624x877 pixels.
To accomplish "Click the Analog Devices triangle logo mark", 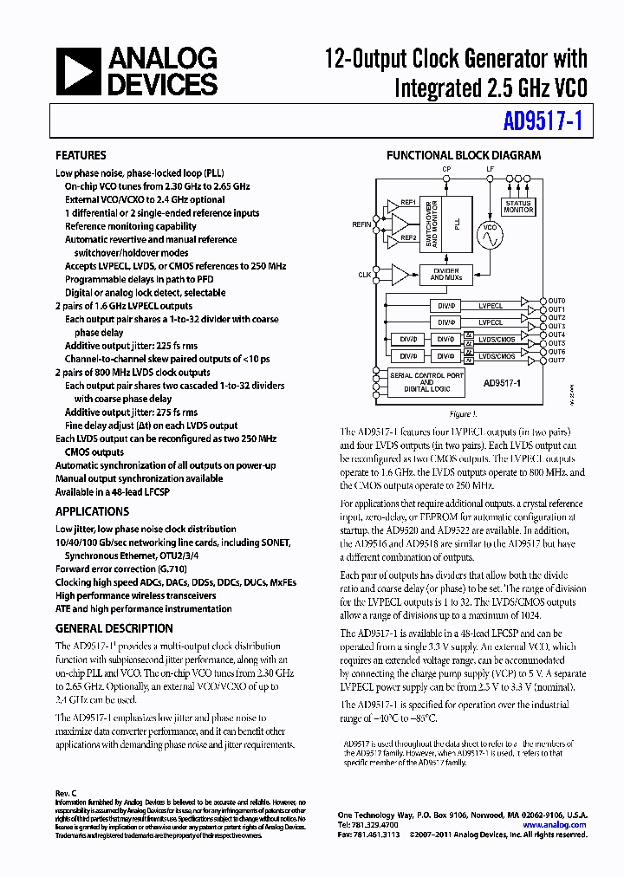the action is click(x=79, y=71).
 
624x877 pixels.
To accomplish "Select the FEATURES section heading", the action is click(x=81, y=156).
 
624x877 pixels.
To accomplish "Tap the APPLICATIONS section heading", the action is click(x=92, y=511).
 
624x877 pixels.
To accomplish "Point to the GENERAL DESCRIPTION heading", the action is click(x=114, y=628).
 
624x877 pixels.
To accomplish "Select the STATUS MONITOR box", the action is click(x=518, y=207).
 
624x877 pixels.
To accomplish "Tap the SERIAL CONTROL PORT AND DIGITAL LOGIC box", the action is click(x=426, y=382).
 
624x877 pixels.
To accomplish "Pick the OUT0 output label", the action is click(x=556, y=300).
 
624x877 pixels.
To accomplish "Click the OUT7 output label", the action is click(x=556, y=360).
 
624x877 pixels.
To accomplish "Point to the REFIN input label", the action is click(x=361, y=224).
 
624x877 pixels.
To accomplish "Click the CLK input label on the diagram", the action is click(x=364, y=275).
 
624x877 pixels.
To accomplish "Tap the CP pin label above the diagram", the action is click(x=446, y=169).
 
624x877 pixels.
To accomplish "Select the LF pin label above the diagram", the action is click(x=491, y=169).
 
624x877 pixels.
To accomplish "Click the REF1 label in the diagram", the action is click(x=407, y=203).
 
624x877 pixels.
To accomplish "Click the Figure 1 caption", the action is click(x=463, y=414).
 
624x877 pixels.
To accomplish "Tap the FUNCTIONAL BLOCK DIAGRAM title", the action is click(x=464, y=156).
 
